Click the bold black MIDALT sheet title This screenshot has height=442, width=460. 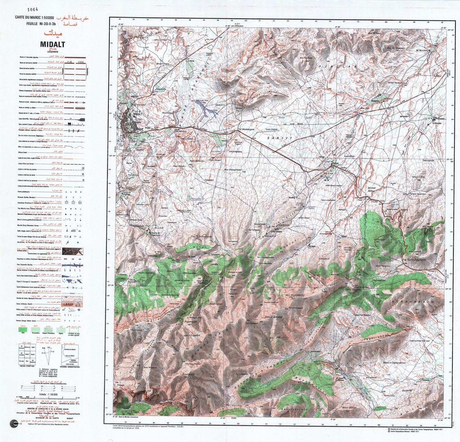coord(53,45)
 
